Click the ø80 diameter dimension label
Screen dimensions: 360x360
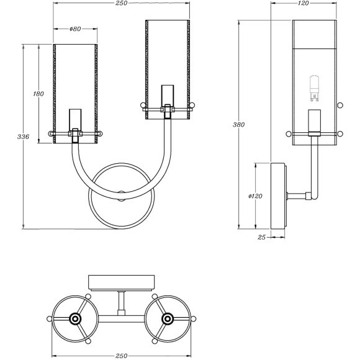[75, 29]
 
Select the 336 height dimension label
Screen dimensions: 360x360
[23, 137]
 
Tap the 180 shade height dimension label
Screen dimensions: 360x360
[38, 94]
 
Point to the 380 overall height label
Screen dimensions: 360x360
[238, 125]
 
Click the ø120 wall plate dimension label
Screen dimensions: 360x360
[255, 196]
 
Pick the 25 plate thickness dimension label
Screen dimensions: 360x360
[261, 237]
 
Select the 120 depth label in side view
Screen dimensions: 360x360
[304, 3]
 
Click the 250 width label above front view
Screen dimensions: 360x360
[121, 3]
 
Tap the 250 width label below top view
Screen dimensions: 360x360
[121, 356]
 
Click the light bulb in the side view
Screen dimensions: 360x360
[314, 88]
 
